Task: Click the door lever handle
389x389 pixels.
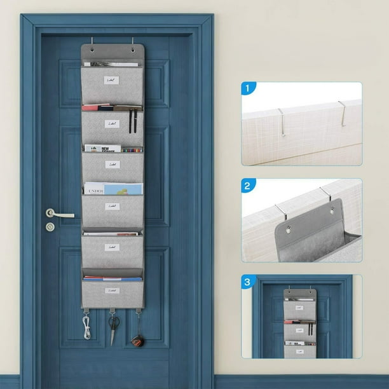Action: [58, 214]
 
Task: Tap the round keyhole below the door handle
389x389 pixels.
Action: [50, 227]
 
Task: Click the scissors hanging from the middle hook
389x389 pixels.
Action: [113, 325]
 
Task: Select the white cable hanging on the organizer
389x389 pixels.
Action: [86, 327]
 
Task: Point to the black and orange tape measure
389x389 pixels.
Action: [137, 339]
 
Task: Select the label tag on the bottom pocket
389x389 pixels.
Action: [113, 290]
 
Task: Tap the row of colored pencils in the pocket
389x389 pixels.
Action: [132, 150]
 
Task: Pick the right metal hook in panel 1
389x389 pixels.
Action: [342, 113]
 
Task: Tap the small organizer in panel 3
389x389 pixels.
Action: [300, 323]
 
